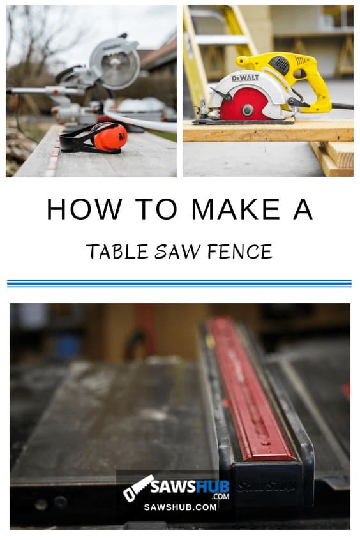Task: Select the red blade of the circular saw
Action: [244, 106]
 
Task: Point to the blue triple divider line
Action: [179, 283]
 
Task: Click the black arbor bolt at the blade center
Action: [247, 109]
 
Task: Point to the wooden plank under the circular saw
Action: [268, 131]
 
